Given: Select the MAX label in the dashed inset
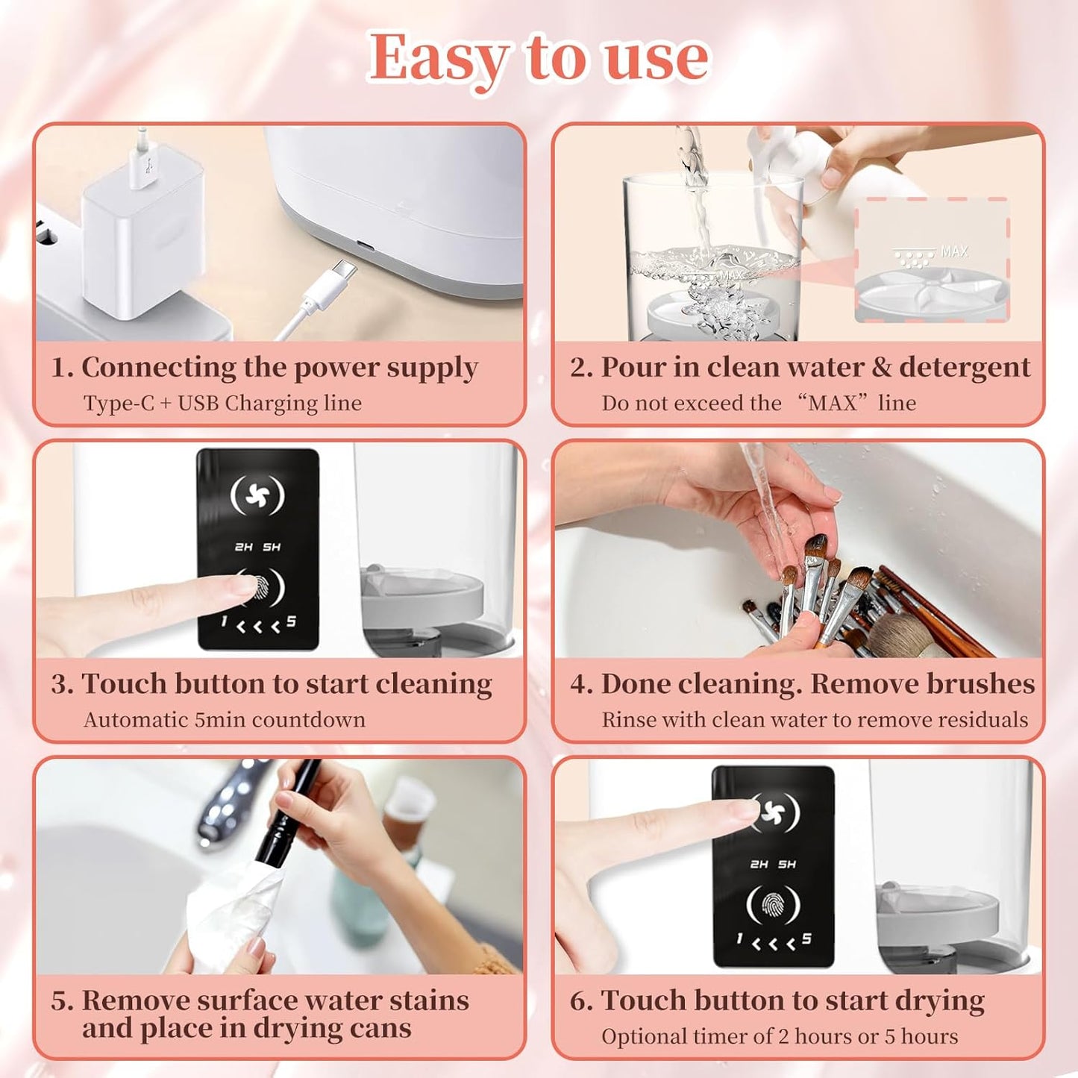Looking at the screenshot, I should [953, 252].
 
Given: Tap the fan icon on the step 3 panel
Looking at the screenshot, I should [257, 495].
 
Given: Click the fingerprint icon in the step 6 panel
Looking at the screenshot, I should [774, 905].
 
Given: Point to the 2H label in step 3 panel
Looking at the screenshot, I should [243, 548].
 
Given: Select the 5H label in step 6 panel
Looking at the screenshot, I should [787, 865].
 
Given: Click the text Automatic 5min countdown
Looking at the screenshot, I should [225, 720].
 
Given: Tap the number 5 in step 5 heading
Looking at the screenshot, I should [59, 1001].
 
